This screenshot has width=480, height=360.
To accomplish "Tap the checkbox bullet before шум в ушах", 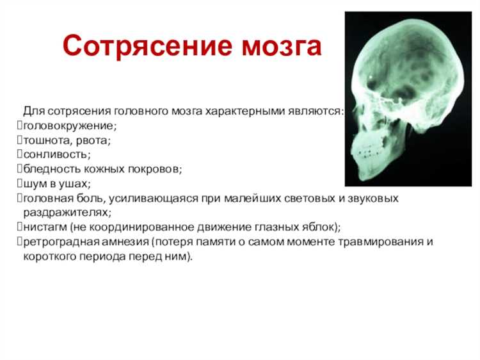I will (19, 184).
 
